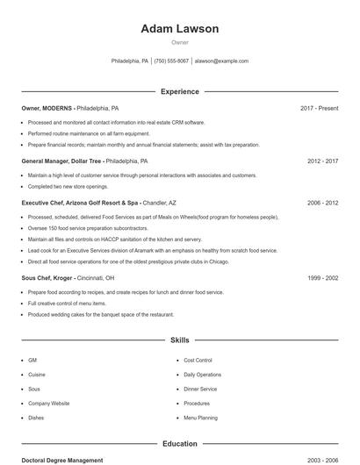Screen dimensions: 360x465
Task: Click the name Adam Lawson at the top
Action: tap(179, 29)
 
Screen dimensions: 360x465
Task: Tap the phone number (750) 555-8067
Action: tap(172, 61)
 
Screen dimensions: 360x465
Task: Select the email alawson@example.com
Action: tap(221, 61)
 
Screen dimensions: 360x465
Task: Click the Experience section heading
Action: tap(179, 91)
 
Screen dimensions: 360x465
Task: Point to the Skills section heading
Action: tap(179, 340)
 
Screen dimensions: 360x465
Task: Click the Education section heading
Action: tap(179, 444)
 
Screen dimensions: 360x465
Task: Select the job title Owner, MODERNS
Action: tap(47, 108)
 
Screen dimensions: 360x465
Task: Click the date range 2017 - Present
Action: tap(319, 108)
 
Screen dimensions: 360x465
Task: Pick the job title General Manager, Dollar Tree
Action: tap(62, 161)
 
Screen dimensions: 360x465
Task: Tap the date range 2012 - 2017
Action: tap(322, 161)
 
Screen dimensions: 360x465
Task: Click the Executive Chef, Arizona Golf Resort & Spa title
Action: tap(80, 203)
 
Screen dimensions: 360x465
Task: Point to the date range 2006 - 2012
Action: tap(322, 203)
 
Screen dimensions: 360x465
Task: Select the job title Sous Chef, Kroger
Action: tap(47, 277)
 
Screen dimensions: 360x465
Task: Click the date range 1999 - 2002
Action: tap(322, 277)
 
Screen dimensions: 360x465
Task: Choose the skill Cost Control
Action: tap(198, 361)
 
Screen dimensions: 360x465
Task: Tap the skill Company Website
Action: tap(48, 404)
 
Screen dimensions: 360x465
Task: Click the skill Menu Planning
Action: tap(200, 418)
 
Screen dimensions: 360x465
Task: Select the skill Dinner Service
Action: tap(200, 389)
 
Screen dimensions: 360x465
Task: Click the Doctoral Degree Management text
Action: tap(61, 460)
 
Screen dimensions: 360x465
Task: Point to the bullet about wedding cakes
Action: tap(100, 314)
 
